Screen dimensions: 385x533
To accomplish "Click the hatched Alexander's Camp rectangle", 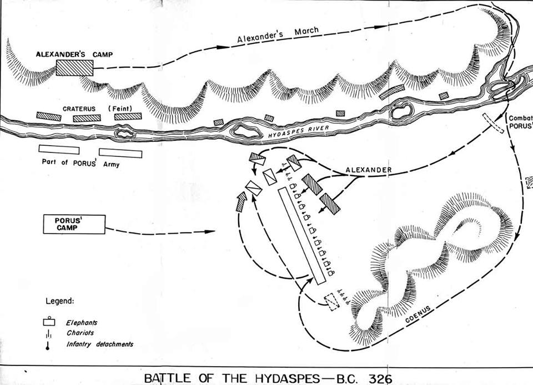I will coord(74,68).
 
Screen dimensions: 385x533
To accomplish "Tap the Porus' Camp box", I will coord(73,224).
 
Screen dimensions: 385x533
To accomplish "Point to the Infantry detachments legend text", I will coord(100,344).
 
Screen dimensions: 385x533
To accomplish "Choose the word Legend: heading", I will coord(59,301).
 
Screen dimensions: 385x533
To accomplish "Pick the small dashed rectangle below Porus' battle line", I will coord(331,302).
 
